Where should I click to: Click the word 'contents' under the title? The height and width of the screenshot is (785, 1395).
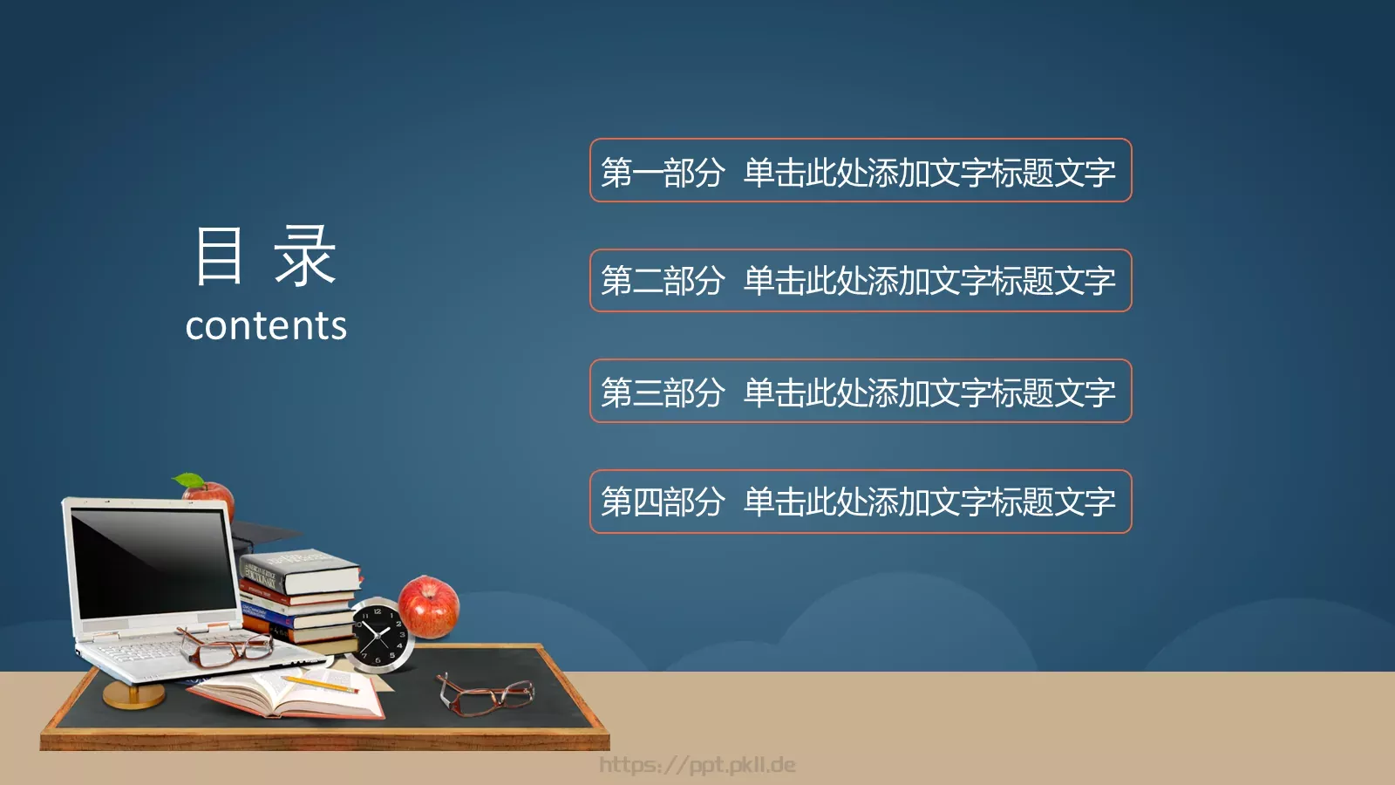266,326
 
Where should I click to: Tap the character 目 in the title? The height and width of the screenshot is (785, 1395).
219,256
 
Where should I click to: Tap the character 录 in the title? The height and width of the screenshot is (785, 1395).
305,256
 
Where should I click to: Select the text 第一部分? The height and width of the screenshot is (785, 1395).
663,172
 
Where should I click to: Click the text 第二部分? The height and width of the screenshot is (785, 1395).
663,281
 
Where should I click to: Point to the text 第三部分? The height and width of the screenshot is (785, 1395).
663,392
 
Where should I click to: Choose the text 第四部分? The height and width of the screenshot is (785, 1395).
663,502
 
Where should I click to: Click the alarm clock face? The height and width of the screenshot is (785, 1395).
380,636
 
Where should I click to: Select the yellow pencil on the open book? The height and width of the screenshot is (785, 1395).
319,684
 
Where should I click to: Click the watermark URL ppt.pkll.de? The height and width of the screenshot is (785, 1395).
697,765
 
